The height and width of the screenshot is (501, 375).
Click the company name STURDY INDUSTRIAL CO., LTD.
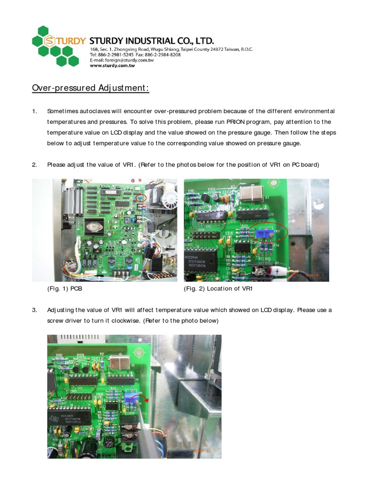pyautogui.click(x=151, y=40)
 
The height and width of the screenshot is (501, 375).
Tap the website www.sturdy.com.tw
pyautogui.click(x=112, y=65)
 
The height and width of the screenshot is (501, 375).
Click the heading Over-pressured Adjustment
pyautogui.click(x=90, y=88)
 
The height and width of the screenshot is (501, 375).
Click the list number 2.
pyautogui.click(x=35, y=164)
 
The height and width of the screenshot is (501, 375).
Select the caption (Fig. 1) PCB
pyautogui.click(x=64, y=289)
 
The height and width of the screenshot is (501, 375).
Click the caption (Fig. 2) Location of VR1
pyautogui.click(x=218, y=289)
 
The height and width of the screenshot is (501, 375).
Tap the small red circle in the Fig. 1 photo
pyautogui.click(x=141, y=198)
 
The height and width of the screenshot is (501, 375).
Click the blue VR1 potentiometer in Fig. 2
pyautogui.click(x=262, y=234)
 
